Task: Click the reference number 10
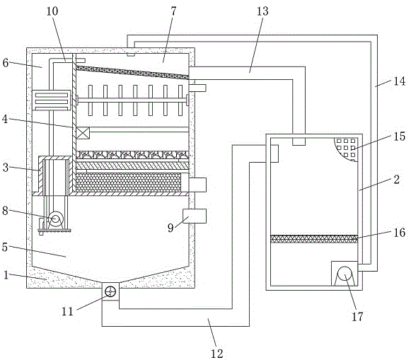coord(52,11)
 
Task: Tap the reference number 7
coord(173,11)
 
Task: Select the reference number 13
coord(262,11)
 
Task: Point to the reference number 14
coord(400,81)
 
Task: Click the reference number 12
coord(216,354)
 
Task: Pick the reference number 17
coord(357,317)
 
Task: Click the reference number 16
coord(400,233)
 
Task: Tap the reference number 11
coord(67,311)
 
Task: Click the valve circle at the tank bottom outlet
coord(110,291)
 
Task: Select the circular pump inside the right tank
coord(345,274)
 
